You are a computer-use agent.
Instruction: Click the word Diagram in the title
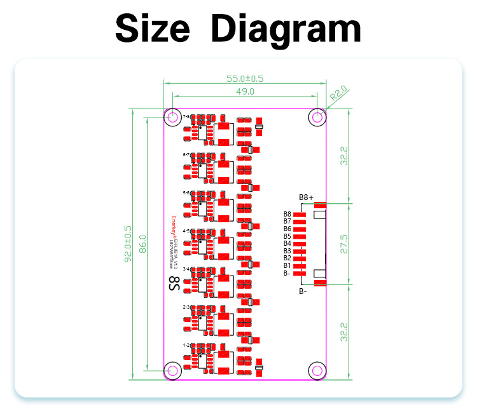(286, 29)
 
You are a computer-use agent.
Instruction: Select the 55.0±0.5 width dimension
(245, 79)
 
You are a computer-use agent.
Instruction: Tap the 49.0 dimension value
(245, 92)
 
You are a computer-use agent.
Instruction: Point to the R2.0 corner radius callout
(338, 95)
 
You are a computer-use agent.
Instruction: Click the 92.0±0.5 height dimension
(128, 244)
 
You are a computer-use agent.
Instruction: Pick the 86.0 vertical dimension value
(143, 244)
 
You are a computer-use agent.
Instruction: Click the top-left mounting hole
(172, 117)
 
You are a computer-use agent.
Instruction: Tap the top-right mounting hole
(317, 117)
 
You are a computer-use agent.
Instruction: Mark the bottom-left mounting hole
(172, 370)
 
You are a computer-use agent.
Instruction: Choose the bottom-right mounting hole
(317, 370)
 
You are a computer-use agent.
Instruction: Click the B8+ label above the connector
(306, 197)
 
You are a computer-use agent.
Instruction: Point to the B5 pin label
(287, 236)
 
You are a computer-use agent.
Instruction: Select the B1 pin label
(287, 265)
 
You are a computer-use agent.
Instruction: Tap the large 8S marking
(173, 283)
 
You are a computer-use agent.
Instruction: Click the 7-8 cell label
(186, 117)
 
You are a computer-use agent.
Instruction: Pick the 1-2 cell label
(186, 345)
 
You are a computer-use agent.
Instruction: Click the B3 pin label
(287, 251)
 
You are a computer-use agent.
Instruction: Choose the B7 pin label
(287, 222)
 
